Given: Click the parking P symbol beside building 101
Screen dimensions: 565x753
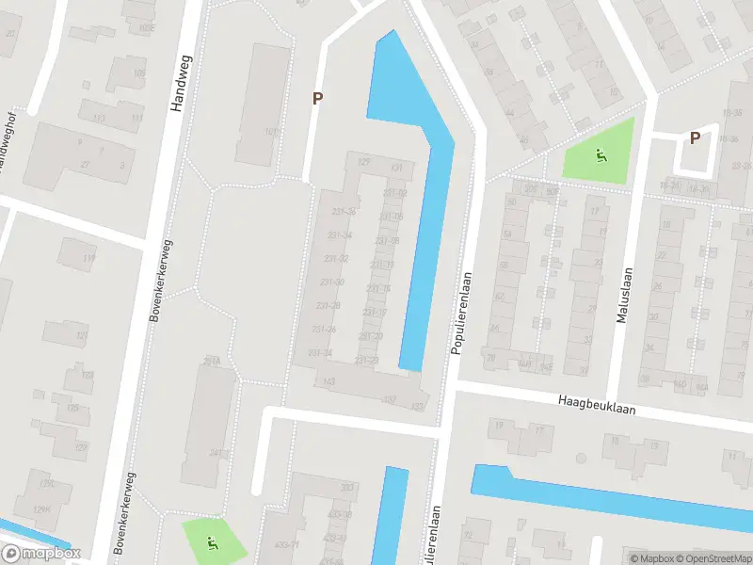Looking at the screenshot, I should (317, 98).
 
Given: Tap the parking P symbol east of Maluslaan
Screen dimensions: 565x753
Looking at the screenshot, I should (695, 137).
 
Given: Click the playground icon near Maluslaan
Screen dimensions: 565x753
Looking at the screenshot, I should (599, 154).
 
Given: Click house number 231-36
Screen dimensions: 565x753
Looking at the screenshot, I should (344, 211).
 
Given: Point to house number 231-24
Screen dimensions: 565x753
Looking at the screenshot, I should (321, 352).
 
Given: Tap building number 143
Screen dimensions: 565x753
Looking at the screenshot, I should (328, 380).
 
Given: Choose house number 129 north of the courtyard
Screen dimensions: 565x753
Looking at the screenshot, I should (365, 161).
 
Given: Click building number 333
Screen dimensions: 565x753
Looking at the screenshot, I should (347, 487).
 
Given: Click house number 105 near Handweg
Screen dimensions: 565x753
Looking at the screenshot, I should (139, 73).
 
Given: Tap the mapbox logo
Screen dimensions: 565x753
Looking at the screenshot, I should (41, 553).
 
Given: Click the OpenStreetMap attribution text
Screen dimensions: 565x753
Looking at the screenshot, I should (713, 558).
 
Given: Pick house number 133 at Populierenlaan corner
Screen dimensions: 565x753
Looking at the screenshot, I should (417, 406).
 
